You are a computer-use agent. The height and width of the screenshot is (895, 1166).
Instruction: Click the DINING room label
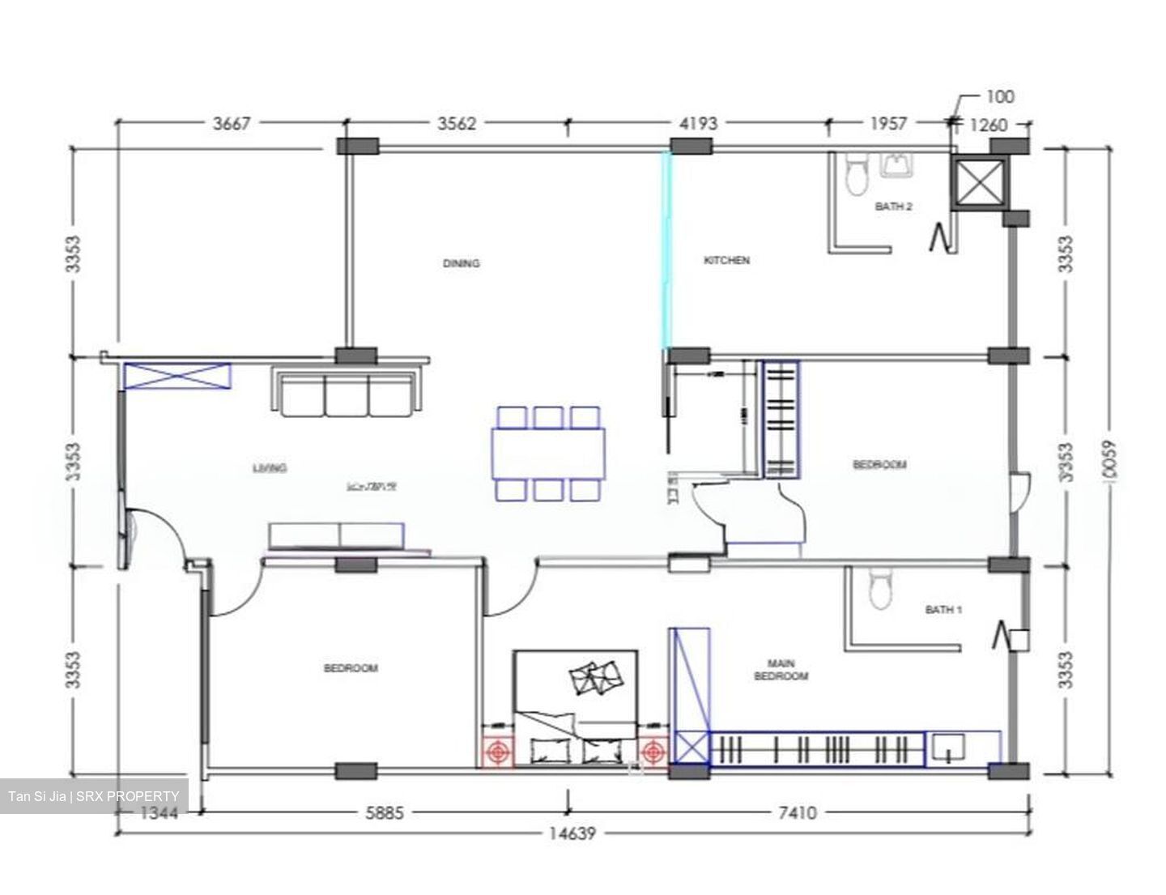pyautogui.click(x=461, y=263)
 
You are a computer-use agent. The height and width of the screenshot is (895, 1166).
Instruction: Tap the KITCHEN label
pyautogui.click(x=726, y=260)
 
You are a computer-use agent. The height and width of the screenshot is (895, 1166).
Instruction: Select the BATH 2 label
pyautogui.click(x=893, y=207)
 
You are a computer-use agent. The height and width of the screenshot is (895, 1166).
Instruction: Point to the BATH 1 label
pyautogui.click(x=943, y=609)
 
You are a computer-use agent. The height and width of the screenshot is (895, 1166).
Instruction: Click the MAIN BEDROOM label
pyautogui.click(x=781, y=670)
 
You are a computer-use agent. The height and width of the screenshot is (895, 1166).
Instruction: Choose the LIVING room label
pyautogui.click(x=270, y=467)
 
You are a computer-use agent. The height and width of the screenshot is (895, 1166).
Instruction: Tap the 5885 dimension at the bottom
pyautogui.click(x=383, y=812)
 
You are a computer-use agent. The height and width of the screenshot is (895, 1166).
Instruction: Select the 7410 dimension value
pyautogui.click(x=797, y=812)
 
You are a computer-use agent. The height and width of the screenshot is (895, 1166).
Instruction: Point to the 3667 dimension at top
pyautogui.click(x=232, y=124)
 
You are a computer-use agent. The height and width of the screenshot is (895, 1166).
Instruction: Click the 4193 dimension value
pyautogui.click(x=697, y=124)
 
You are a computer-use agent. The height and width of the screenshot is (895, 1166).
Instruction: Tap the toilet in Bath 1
pyautogui.click(x=879, y=589)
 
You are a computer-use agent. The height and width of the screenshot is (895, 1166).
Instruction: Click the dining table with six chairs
pyautogui.click(x=548, y=454)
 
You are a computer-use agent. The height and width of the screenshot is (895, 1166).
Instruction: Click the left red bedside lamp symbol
pyautogui.click(x=498, y=752)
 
